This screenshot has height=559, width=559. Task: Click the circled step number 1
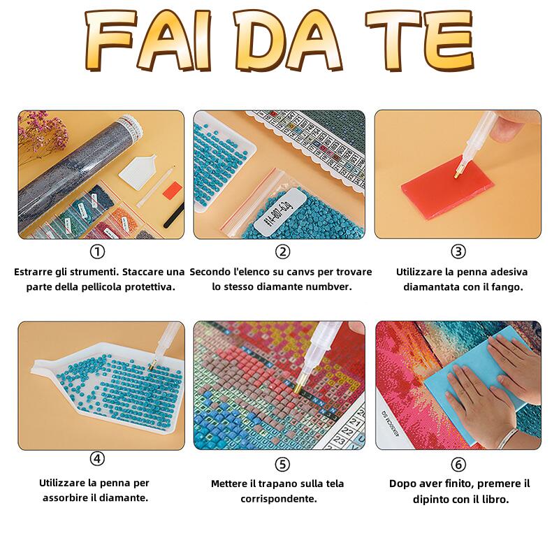pyautogui.click(x=97, y=252)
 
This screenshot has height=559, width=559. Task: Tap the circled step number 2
pyautogui.click(x=282, y=252)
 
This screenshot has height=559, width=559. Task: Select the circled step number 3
pyautogui.click(x=458, y=252)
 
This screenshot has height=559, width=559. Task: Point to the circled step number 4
pyautogui.click(x=97, y=458)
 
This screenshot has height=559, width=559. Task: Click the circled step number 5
pyautogui.click(x=282, y=465)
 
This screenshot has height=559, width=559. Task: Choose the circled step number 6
pyautogui.click(x=458, y=465)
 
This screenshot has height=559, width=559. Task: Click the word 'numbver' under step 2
pyautogui.click(x=328, y=287)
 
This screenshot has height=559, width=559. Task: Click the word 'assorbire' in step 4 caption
pyautogui.click(x=69, y=498)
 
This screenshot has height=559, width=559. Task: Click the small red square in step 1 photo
pyautogui.click(x=173, y=190)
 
